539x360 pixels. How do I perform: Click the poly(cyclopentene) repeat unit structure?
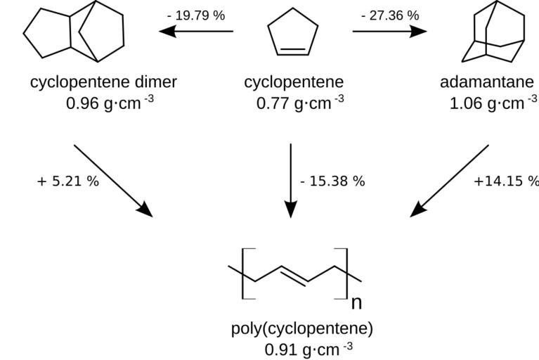coord(295,274)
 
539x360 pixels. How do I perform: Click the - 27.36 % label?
coord(389,15)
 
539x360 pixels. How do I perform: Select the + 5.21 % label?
coord(68,181)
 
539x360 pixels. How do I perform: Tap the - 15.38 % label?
coord(332,181)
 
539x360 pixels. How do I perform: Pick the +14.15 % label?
coord(505,181)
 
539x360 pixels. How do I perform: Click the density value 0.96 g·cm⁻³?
coord(110,103)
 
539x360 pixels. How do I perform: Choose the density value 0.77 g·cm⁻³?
coord(300,103)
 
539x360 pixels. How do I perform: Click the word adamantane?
coord(488,82)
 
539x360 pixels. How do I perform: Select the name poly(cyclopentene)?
coord(302,328)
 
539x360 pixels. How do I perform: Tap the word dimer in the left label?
coord(155,82)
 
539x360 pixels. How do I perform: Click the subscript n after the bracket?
coord(356,303)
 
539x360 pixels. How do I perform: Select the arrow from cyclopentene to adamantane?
coord(389,31)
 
